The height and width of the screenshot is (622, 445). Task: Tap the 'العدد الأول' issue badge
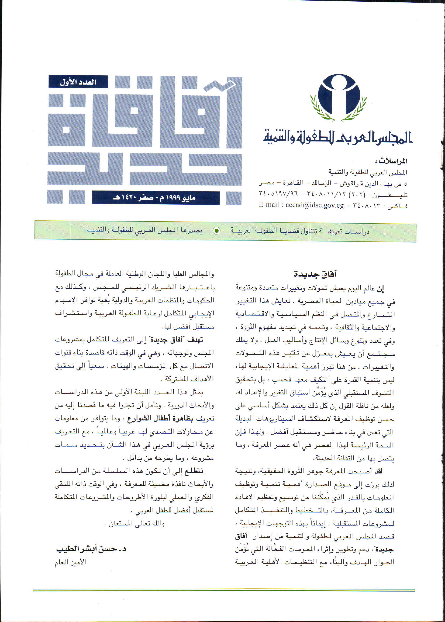coord(78,82)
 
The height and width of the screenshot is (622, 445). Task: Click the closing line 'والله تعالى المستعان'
coord(134,524)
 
